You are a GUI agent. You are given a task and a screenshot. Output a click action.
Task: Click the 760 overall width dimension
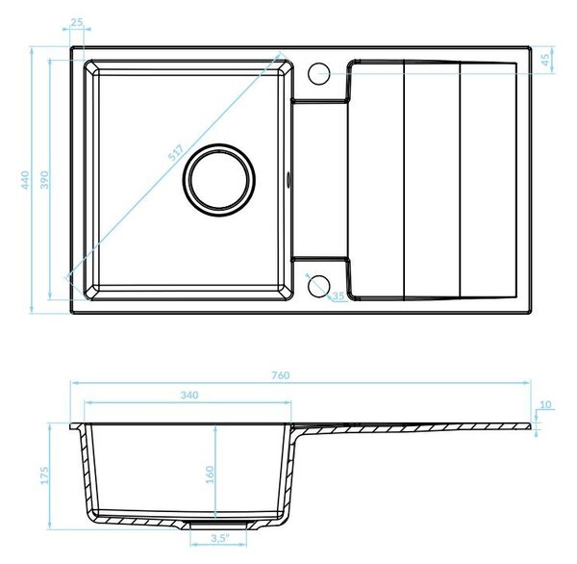click(x=281, y=375)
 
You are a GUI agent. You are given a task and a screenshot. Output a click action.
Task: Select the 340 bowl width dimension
click(x=189, y=395)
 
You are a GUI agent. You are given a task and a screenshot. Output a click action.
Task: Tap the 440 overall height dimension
click(x=25, y=180)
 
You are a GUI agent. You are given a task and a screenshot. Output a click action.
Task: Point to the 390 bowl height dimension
click(x=44, y=180)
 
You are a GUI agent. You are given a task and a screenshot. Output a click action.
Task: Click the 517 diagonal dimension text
click(x=176, y=153)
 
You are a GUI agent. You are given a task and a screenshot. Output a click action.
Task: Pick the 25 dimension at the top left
click(x=77, y=22)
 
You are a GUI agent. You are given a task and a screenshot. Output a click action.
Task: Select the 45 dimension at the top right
click(x=546, y=60)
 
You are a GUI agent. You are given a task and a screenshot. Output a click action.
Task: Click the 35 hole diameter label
click(x=339, y=295)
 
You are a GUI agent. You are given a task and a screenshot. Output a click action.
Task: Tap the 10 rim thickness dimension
click(x=545, y=404)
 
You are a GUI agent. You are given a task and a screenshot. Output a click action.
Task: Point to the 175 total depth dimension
click(x=44, y=475)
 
